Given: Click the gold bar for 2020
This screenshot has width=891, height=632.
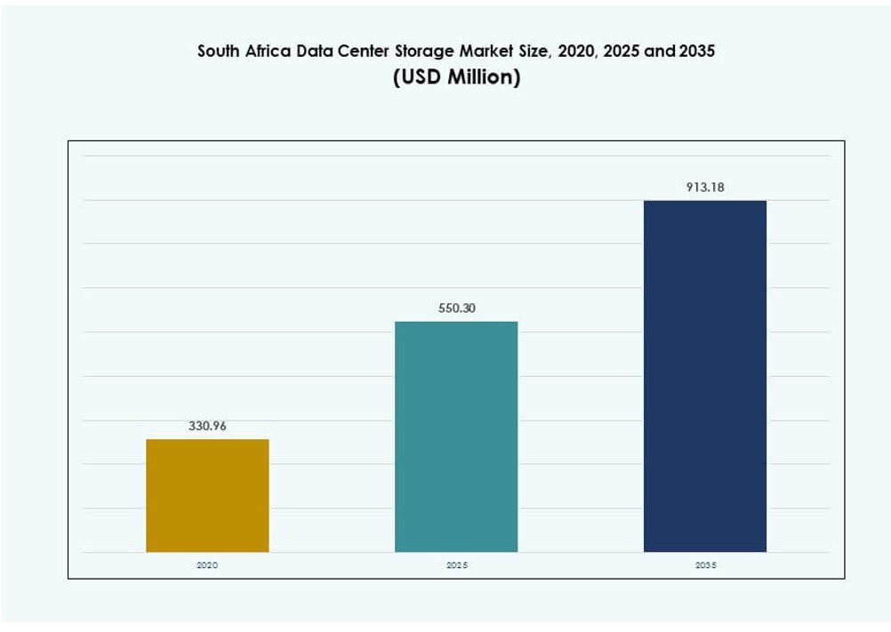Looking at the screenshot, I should pyautogui.click(x=207, y=495).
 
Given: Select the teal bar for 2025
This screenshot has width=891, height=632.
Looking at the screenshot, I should pyautogui.click(x=456, y=436).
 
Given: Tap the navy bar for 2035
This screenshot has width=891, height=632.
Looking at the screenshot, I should pyautogui.click(x=704, y=376).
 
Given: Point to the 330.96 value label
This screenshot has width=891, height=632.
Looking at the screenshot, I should pyautogui.click(x=207, y=426).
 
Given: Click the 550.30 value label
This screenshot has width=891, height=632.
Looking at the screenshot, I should pyautogui.click(x=456, y=308).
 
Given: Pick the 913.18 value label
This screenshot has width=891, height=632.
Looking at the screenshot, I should pyautogui.click(x=704, y=187).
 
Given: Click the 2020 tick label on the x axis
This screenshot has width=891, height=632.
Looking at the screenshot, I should pyautogui.click(x=207, y=565).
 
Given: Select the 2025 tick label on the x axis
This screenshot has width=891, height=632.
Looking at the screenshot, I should pyautogui.click(x=456, y=565).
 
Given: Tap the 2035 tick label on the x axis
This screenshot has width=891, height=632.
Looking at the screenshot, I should pyautogui.click(x=704, y=565).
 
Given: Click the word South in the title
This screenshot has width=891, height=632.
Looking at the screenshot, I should pyautogui.click(x=218, y=52).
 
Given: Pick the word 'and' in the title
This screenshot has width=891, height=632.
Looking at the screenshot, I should pyautogui.click(x=659, y=52).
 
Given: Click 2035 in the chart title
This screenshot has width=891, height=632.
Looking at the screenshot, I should pyautogui.click(x=697, y=52).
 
